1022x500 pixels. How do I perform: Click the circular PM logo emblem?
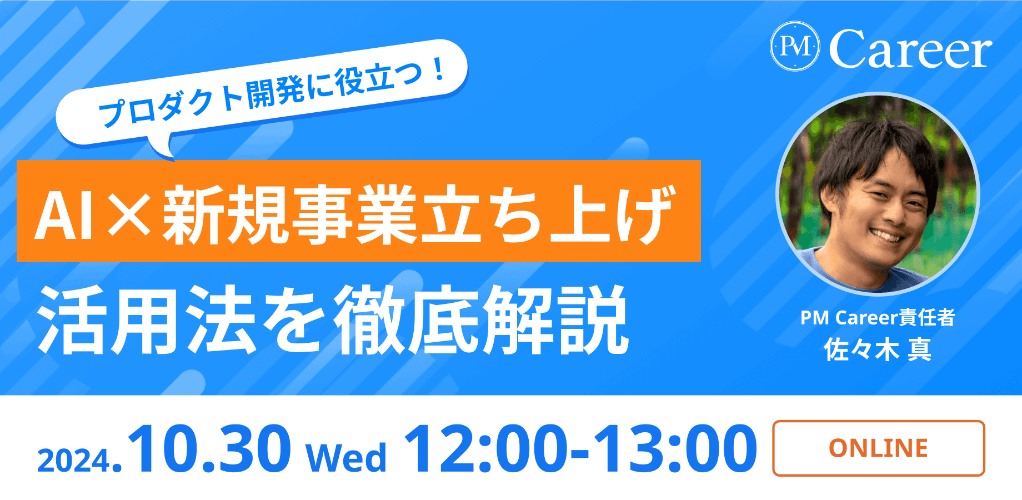point(795,47)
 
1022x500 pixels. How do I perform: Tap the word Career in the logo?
point(910,49)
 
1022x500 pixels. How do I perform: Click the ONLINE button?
point(878,448)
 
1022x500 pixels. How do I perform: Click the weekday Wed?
point(345,458)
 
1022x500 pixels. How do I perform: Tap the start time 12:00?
point(486,448)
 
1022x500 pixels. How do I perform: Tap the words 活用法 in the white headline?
point(147,320)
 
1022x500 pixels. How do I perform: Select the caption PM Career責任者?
point(878,318)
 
